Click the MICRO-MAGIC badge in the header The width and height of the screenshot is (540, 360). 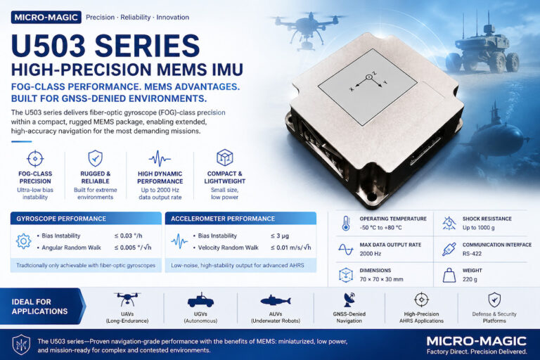(46, 17)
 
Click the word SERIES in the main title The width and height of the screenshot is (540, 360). (147, 46)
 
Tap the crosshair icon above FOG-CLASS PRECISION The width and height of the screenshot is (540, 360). (35, 158)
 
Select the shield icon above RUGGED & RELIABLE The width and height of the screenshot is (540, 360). (96, 158)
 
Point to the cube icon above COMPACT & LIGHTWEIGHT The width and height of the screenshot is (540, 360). (224, 157)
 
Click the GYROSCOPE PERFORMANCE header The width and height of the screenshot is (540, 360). (61, 219)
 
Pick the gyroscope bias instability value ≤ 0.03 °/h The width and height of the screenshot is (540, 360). (128, 236)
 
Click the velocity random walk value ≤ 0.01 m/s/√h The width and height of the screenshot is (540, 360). (290, 247)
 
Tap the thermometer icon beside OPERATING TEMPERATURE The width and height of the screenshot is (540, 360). (346, 223)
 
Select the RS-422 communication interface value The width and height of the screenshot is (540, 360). (472, 254)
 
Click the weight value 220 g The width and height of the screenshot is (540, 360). (470, 279)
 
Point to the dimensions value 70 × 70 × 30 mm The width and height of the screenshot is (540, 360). (381, 279)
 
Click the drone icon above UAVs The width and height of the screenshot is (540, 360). (127, 300)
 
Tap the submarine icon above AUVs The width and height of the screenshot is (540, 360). (276, 301)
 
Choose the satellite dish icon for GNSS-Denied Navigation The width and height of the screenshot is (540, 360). (349, 300)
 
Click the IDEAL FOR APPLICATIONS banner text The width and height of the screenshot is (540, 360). (39, 307)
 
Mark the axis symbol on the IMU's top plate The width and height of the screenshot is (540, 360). (368, 82)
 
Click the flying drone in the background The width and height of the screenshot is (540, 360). (307, 29)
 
